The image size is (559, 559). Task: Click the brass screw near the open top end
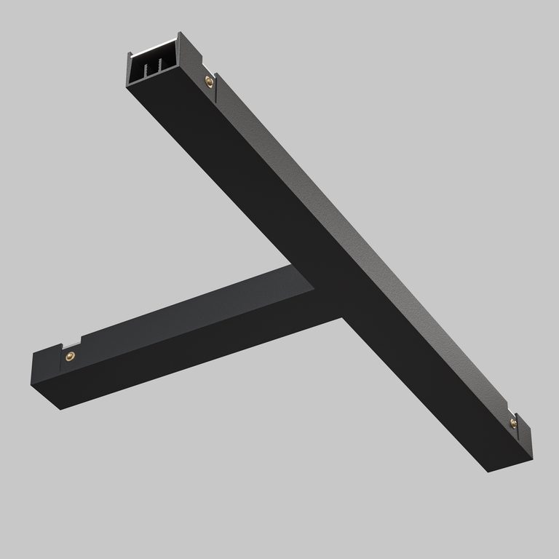tap(208, 79)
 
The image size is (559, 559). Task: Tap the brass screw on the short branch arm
tap(71, 355)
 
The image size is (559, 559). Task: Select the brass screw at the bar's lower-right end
tap(512, 421)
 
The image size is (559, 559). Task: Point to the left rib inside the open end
tap(147, 70)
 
